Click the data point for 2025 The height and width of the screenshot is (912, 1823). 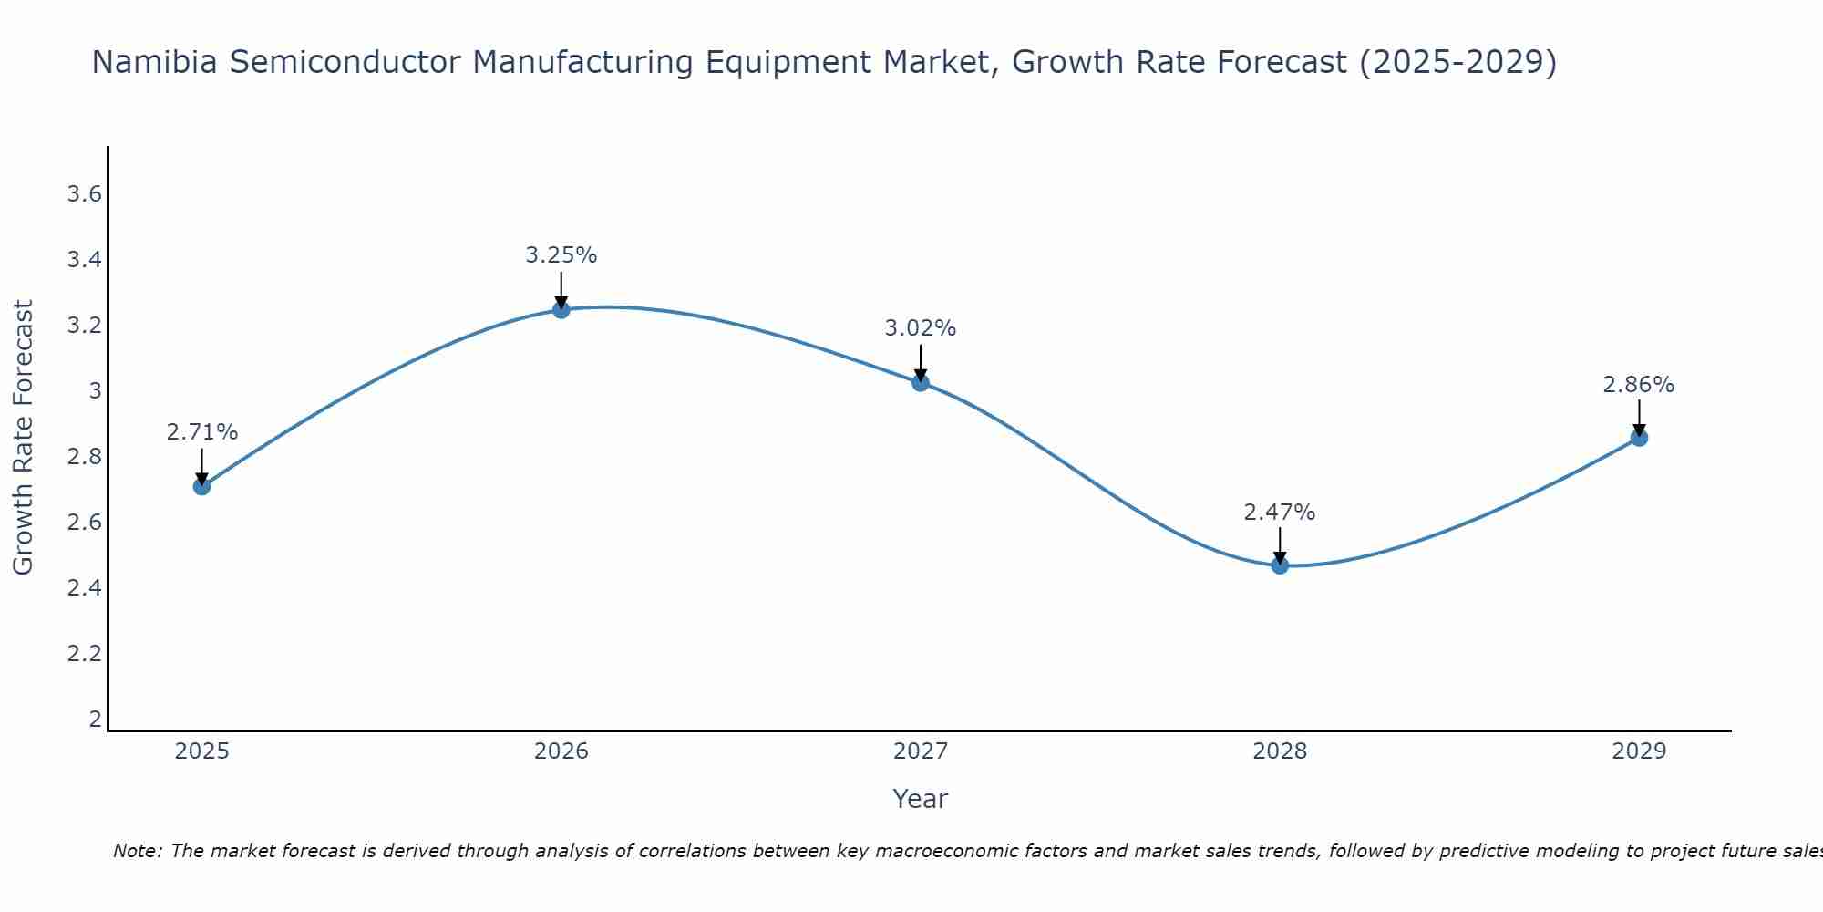[x=202, y=486]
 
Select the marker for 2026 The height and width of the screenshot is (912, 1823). [x=561, y=310]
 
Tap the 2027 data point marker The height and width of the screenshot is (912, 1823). [x=921, y=383]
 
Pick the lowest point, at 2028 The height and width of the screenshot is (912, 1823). [x=1280, y=565]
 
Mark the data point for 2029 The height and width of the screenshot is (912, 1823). [x=1639, y=438]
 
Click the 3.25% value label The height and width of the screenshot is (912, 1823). [x=561, y=255]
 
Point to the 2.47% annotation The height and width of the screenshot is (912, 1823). [x=1280, y=513]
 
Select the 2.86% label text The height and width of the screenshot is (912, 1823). [x=1639, y=385]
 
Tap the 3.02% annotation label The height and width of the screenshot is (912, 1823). [x=921, y=328]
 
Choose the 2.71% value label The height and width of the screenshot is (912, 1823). [x=202, y=432]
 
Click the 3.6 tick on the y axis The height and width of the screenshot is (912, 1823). [x=85, y=194]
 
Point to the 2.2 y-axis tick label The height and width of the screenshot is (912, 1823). [x=85, y=654]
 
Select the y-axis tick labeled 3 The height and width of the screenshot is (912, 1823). [x=95, y=391]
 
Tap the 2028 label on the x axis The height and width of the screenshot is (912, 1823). [x=1280, y=751]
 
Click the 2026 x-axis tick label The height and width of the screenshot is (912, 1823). [x=561, y=751]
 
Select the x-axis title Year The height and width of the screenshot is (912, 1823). [x=921, y=799]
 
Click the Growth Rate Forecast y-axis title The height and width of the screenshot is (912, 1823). [x=23, y=438]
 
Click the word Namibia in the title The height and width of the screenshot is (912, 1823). [x=154, y=63]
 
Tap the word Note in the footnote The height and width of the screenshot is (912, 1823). [x=137, y=851]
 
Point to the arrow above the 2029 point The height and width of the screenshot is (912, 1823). [x=1639, y=417]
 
